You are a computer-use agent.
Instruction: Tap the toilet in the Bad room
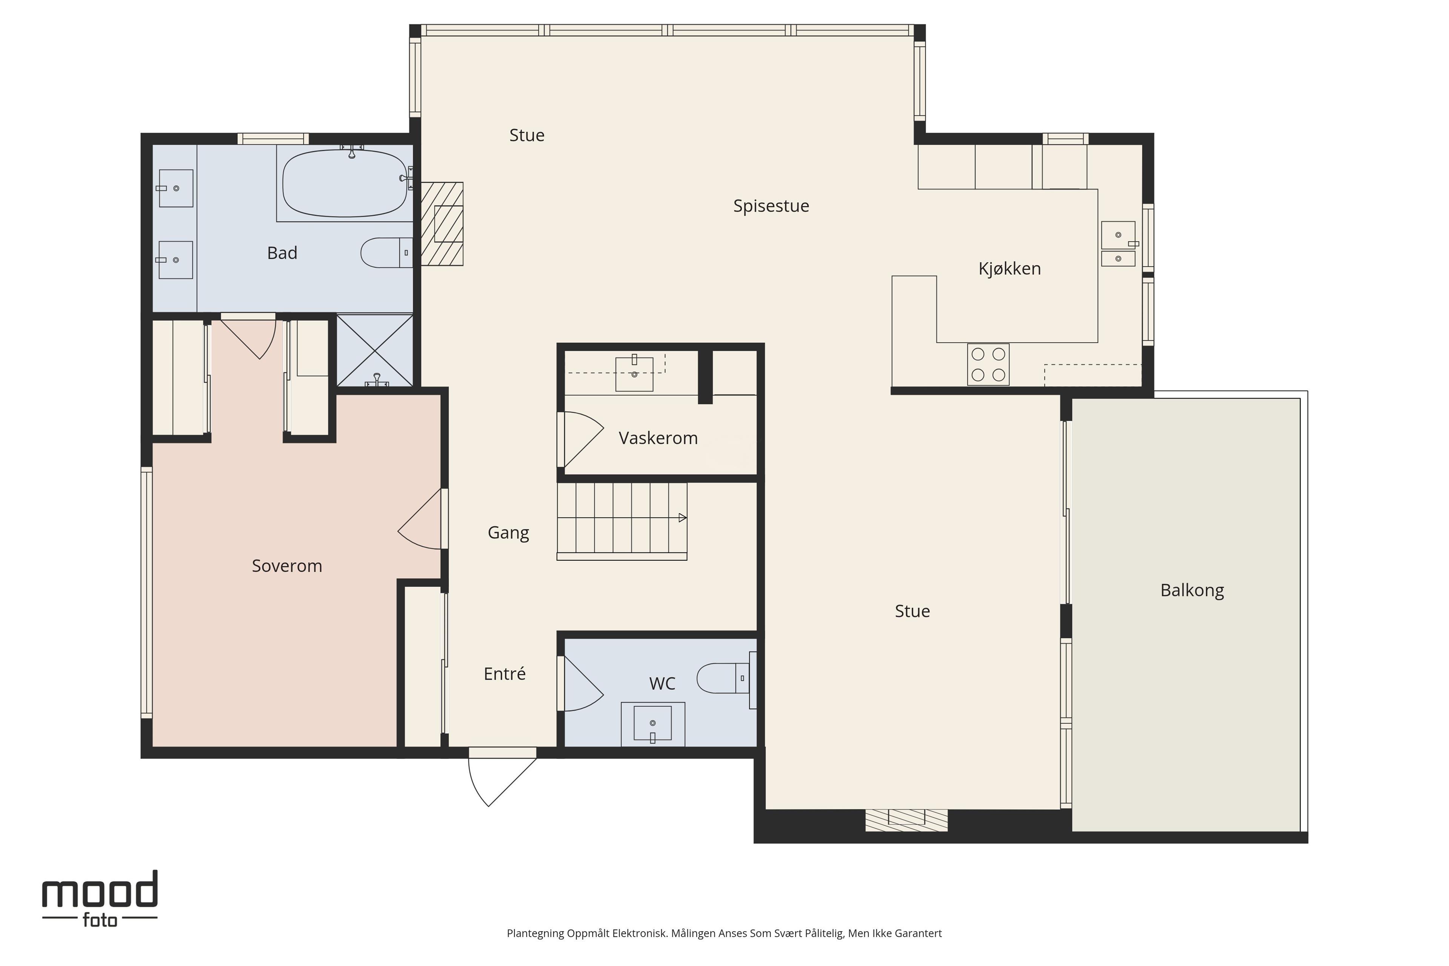(x=386, y=252)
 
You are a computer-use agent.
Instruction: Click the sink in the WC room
(x=652, y=723)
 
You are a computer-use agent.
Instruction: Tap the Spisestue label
(x=771, y=206)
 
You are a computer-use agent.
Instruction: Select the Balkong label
(x=1192, y=590)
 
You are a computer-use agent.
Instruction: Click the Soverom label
(x=287, y=566)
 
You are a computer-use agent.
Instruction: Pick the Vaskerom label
(x=658, y=438)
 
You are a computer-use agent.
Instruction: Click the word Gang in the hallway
(x=508, y=533)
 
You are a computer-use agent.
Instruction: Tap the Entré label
(x=505, y=674)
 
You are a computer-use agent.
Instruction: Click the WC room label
(x=662, y=683)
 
